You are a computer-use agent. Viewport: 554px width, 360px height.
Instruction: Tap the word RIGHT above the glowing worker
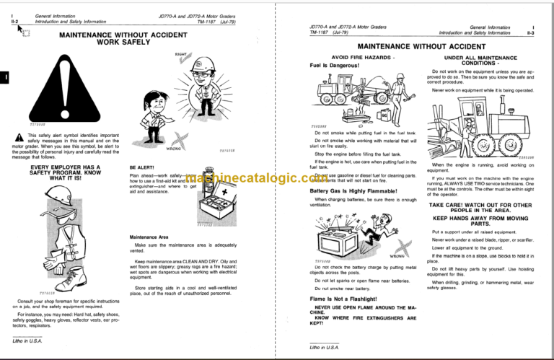pyautogui.click(x=183, y=54)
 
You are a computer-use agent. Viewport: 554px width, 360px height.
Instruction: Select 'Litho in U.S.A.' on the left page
pyautogui.click(x=27, y=341)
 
